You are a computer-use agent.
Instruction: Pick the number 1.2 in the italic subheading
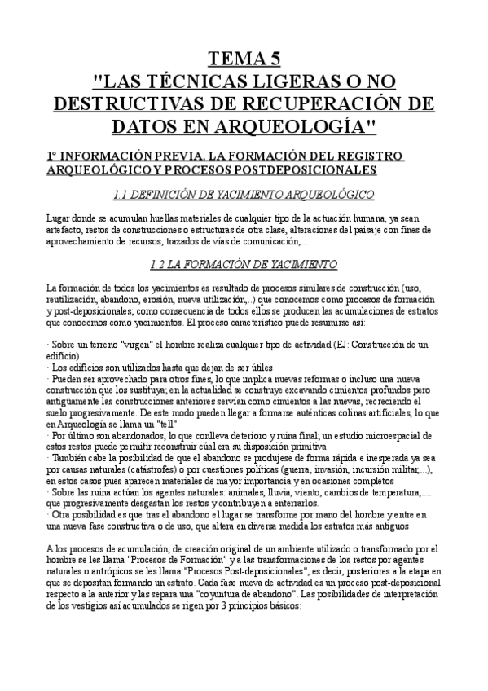[x=160, y=264]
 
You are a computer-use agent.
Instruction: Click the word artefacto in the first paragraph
[x=64, y=229]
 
